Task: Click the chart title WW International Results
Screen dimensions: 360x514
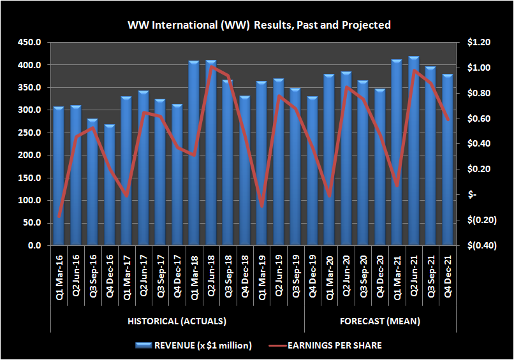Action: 259,25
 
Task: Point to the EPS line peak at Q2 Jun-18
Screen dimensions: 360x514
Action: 211,66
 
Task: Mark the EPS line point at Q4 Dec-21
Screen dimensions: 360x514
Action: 448,119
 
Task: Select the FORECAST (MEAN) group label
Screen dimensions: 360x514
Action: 379,321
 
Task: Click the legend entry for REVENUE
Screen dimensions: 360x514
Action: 195,345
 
